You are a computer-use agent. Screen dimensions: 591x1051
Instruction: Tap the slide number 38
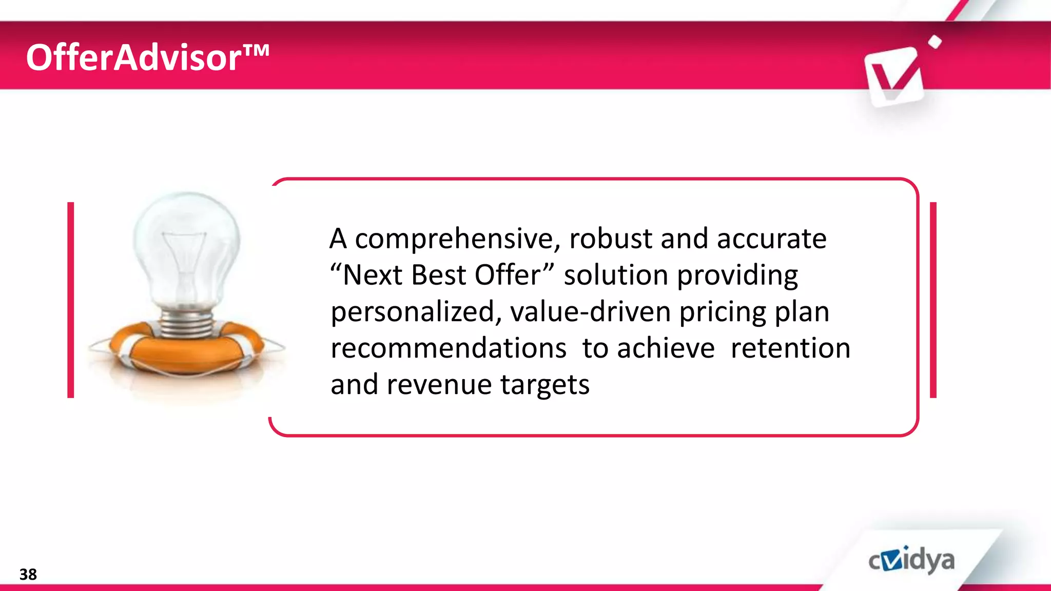(x=28, y=574)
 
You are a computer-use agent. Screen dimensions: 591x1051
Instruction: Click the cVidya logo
(x=911, y=560)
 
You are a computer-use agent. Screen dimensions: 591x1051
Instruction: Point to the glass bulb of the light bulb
(x=186, y=246)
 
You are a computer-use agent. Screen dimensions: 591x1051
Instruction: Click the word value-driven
(x=590, y=311)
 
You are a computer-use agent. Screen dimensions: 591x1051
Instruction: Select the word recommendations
(x=449, y=348)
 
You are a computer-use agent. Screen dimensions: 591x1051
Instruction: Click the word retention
(x=790, y=348)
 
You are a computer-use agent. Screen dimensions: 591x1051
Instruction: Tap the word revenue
(x=439, y=385)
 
